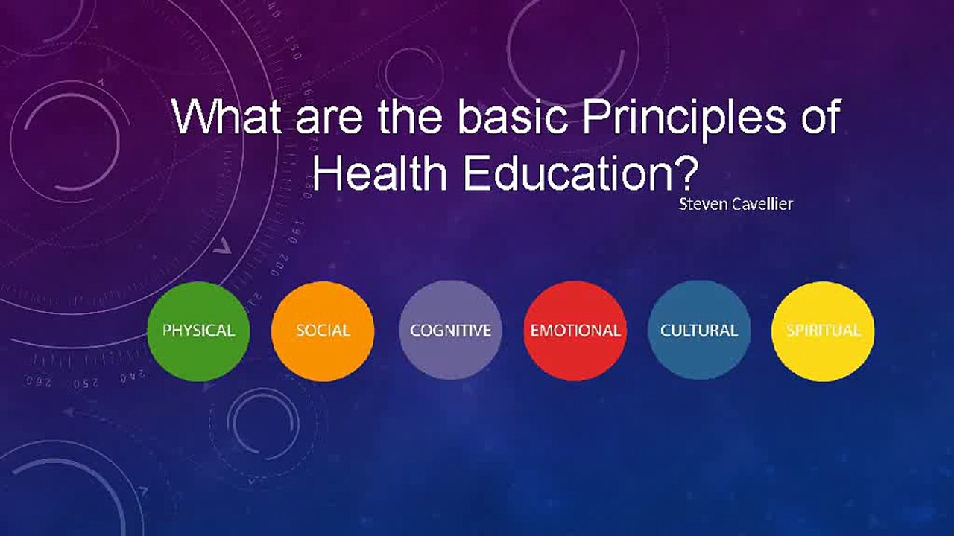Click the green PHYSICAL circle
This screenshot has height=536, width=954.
click(198, 331)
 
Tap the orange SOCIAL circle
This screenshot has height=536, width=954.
click(323, 331)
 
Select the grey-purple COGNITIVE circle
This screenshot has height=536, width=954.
click(451, 330)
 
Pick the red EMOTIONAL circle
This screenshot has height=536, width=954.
click(575, 331)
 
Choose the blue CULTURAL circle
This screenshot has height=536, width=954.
click(699, 330)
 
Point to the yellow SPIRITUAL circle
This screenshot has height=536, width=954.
click(824, 331)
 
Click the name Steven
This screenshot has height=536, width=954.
click(703, 204)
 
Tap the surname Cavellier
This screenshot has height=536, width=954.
click(762, 204)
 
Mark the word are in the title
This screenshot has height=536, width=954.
click(329, 121)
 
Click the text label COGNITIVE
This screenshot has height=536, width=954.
click(451, 331)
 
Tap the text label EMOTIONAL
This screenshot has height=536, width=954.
click(575, 331)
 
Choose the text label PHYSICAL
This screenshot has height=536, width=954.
click(198, 331)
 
